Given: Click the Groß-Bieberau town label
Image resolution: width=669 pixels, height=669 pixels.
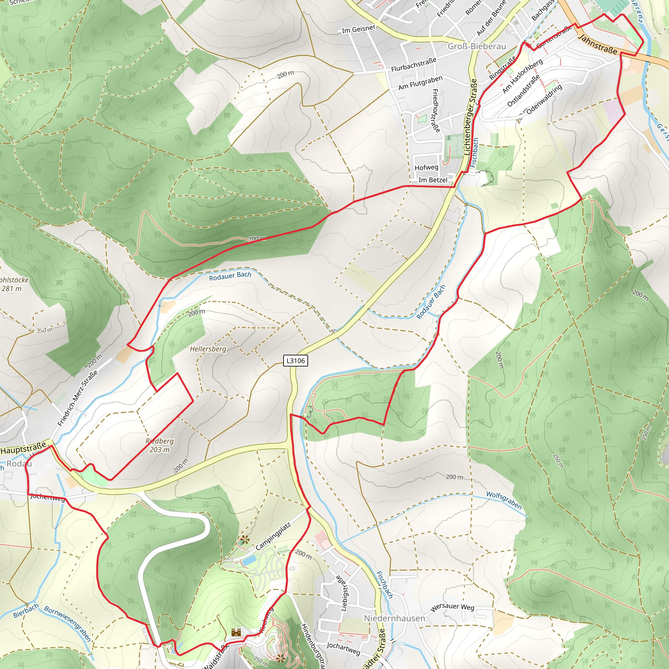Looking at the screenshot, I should (x=477, y=46).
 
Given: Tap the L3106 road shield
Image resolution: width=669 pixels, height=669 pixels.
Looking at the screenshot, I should (x=295, y=361).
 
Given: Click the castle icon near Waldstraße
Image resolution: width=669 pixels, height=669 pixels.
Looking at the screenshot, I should (x=236, y=632).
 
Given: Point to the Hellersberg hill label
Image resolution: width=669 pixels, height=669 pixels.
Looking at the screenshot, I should (x=208, y=349).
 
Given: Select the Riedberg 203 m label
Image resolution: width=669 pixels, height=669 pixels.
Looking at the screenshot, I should (x=159, y=445).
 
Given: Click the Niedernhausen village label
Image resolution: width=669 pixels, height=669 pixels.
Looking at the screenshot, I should (x=394, y=618).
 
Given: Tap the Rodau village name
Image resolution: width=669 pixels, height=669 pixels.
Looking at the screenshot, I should (x=19, y=464).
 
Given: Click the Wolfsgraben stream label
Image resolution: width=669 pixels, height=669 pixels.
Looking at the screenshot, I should (x=504, y=500).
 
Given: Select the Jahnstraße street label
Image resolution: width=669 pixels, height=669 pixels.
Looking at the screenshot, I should (x=598, y=44).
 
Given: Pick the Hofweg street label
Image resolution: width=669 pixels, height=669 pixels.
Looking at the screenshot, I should (x=426, y=168).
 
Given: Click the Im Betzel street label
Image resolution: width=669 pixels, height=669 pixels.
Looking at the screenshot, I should (x=433, y=180).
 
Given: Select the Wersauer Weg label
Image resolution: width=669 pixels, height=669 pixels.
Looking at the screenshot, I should (x=452, y=607).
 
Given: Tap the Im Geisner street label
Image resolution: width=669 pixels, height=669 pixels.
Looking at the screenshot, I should (x=358, y=29).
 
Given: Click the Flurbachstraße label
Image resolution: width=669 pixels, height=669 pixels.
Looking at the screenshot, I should (x=414, y=65).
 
